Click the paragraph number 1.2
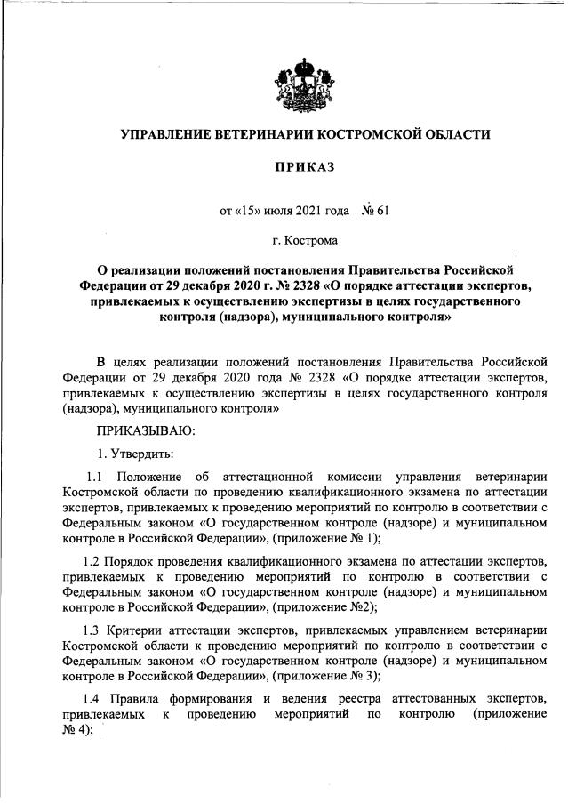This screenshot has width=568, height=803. coord(90,562)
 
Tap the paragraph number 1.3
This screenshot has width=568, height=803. coord(91,630)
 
